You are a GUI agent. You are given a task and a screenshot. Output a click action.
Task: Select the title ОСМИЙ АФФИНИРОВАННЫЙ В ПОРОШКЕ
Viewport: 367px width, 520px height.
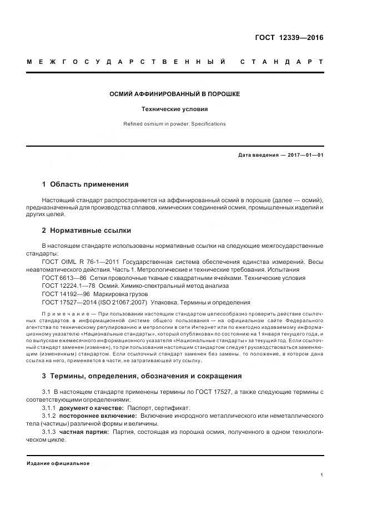coord(175,94)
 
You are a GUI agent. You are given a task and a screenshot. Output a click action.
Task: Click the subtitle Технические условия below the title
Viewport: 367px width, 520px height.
coord(175,110)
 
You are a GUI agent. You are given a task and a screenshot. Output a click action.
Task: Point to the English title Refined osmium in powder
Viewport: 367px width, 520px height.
coord(175,124)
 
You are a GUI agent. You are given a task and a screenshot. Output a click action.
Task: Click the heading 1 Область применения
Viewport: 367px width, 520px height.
coord(86,184)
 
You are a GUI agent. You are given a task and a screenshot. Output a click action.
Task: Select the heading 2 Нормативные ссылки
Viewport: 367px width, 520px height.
coord(87,230)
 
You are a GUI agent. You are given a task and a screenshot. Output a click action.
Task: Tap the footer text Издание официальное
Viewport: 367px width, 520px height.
coord(58,463)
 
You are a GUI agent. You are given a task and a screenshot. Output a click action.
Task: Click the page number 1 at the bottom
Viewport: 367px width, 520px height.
coord(322,475)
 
